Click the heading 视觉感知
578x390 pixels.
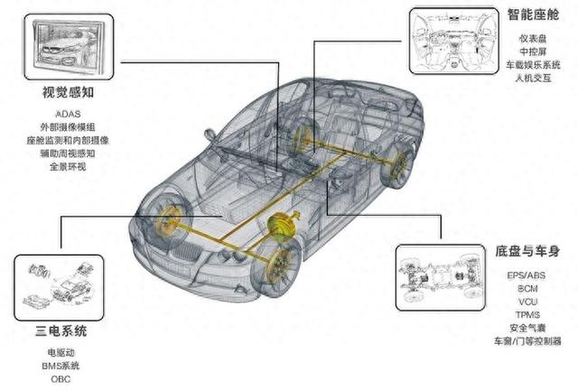point(69,92)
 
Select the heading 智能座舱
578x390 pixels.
point(533,14)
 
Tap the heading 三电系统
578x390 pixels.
point(61,330)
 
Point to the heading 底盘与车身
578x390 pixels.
point(527,251)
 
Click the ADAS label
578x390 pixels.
point(68,114)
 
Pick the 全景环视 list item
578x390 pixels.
point(68,167)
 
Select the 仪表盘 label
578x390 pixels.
point(533,38)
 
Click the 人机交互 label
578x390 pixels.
point(533,78)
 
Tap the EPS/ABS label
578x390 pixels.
point(527,275)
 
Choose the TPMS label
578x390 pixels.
point(527,315)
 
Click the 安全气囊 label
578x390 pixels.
point(527,328)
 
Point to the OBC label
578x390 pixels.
point(61,379)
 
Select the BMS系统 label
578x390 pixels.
point(61,366)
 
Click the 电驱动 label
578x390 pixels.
point(61,353)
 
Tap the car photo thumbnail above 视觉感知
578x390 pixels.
point(69,47)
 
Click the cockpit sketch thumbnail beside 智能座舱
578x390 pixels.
point(454,41)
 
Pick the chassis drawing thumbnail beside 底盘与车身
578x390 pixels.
point(441,277)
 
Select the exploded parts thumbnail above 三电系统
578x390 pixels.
point(59,287)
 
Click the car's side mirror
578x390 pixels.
point(210,135)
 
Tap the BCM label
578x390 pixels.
point(527,289)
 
